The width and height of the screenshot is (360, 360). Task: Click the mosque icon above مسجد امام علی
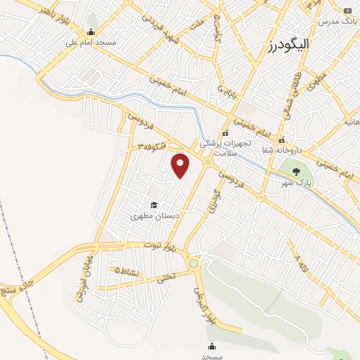pos(91,32)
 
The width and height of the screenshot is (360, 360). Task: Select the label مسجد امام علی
pos(91,42)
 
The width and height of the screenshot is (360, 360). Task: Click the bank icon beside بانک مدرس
pos(347,11)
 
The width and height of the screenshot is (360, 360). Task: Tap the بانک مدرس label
pos(334,21)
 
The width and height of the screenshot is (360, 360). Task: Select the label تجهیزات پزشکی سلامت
pos(224,147)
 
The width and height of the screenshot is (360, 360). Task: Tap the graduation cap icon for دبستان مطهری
pos(154,205)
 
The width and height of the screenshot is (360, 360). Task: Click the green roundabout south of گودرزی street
pos(194,263)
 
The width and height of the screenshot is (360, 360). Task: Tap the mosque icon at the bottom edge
pos(212,346)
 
